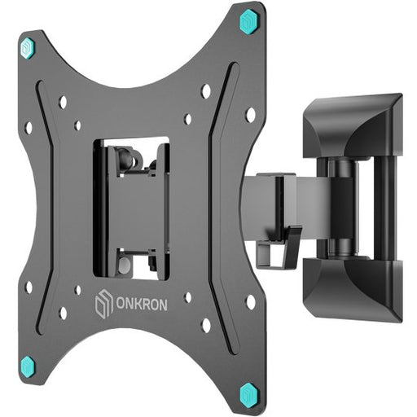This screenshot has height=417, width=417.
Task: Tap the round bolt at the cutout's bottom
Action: pyautogui.click(x=123, y=266)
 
